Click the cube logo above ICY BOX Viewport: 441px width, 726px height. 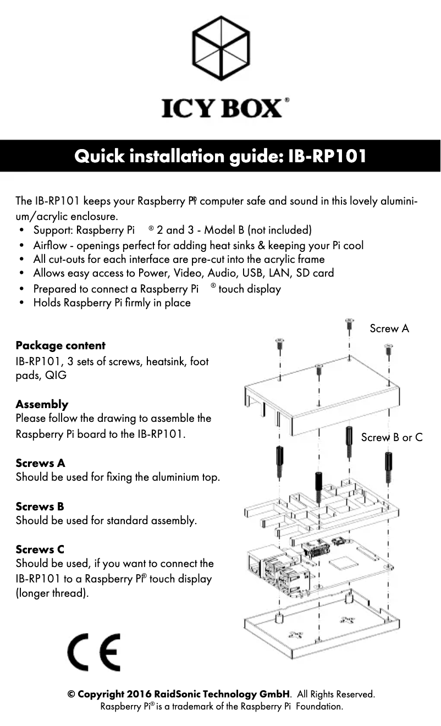click(x=221, y=48)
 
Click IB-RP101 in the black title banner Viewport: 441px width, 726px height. click(x=327, y=156)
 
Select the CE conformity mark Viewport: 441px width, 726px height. click(x=93, y=652)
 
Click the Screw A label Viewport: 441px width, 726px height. click(x=389, y=328)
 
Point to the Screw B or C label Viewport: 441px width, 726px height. click(x=392, y=437)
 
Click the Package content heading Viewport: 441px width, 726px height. click(x=60, y=345)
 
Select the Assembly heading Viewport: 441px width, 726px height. click(x=42, y=404)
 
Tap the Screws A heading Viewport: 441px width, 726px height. click(x=40, y=463)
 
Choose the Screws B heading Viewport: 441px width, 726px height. click(x=40, y=506)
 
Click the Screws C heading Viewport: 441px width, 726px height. click(x=40, y=549)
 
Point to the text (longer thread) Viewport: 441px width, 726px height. click(x=52, y=593)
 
